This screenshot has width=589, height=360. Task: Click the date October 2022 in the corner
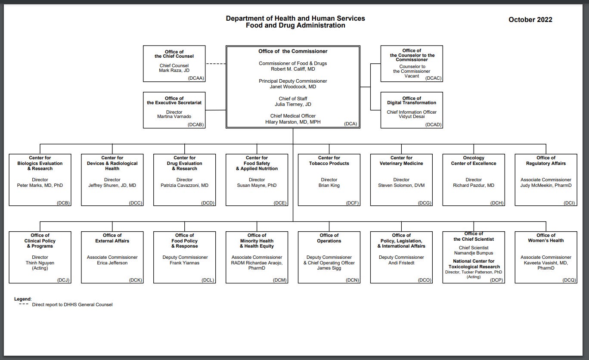click(x=530, y=20)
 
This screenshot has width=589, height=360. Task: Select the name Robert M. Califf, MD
click(x=293, y=69)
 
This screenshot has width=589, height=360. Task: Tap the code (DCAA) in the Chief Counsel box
click(x=196, y=78)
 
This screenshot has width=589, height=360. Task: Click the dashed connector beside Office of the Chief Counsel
click(x=216, y=64)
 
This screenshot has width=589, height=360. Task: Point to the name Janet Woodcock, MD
click(x=293, y=87)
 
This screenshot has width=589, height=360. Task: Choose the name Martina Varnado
click(x=174, y=117)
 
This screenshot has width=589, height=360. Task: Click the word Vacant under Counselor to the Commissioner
click(x=412, y=76)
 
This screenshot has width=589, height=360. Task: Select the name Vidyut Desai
click(x=412, y=117)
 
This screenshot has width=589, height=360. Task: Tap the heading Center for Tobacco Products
click(x=329, y=161)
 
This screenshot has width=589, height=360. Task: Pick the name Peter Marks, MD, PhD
click(x=40, y=186)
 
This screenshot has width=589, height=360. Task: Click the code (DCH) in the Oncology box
click(x=497, y=203)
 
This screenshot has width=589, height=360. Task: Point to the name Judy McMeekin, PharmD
click(x=546, y=186)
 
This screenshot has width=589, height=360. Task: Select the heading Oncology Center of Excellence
click(x=474, y=161)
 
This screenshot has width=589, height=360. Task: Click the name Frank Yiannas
click(x=184, y=263)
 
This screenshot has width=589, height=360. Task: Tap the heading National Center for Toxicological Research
click(x=474, y=264)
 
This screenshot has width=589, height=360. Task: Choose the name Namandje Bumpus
click(x=474, y=253)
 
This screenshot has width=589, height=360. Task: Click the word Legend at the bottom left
click(x=22, y=299)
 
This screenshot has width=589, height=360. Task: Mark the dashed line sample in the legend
click(x=24, y=304)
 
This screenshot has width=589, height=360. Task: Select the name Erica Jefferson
click(x=112, y=263)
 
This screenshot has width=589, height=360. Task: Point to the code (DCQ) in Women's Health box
click(x=569, y=280)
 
